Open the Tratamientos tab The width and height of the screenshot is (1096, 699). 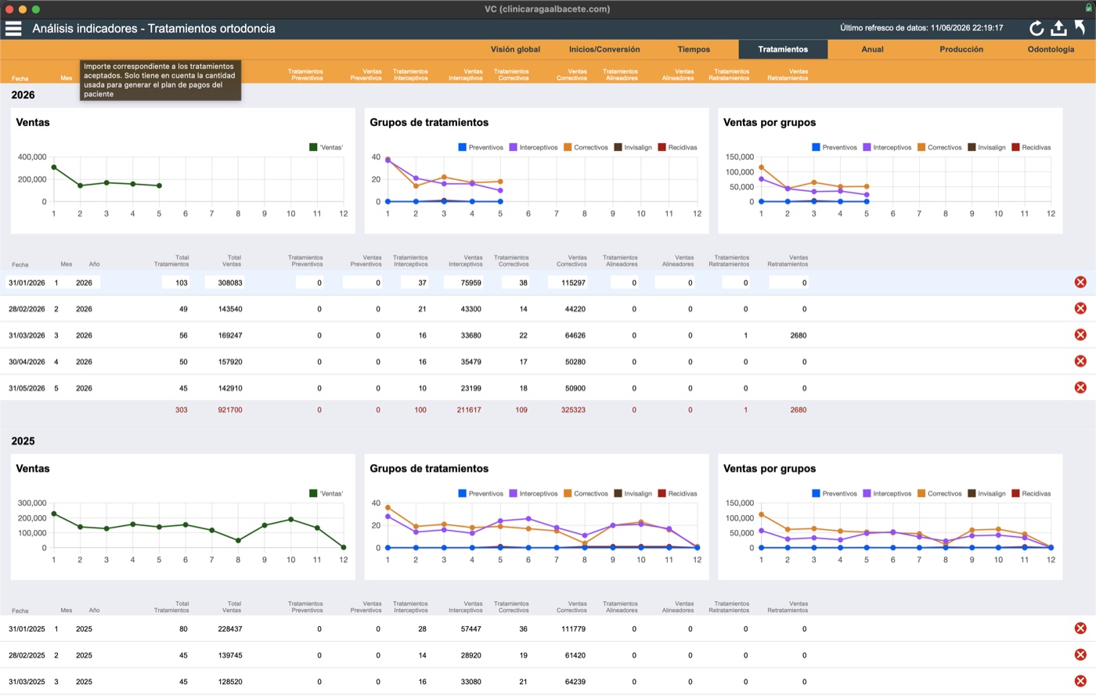(x=783, y=49)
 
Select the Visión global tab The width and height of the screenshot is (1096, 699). (x=515, y=49)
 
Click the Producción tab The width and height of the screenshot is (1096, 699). (x=961, y=49)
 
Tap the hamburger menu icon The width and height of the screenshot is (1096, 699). (x=13, y=28)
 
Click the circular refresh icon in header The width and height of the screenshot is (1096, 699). (x=1036, y=28)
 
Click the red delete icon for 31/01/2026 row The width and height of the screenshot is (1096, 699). (x=1080, y=283)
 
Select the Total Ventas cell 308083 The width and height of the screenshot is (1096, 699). (x=230, y=283)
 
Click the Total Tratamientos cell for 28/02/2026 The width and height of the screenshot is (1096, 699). (x=183, y=309)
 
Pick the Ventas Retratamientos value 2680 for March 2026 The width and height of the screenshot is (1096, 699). (x=798, y=336)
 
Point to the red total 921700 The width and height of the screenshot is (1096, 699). (x=230, y=410)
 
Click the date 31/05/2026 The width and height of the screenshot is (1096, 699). (x=27, y=388)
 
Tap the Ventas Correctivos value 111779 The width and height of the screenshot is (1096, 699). (x=573, y=629)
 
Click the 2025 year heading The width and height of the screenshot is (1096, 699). (x=23, y=441)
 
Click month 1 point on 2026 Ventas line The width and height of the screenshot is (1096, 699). (x=54, y=168)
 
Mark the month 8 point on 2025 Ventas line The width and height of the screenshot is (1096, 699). (x=238, y=541)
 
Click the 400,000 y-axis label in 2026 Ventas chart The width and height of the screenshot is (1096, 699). (x=32, y=157)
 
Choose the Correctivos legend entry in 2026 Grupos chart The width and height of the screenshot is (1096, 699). (x=586, y=147)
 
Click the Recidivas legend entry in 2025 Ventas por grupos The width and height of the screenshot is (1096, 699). (x=1031, y=494)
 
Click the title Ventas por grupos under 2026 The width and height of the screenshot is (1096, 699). (x=769, y=122)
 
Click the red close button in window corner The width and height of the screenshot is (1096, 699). (x=9, y=9)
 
